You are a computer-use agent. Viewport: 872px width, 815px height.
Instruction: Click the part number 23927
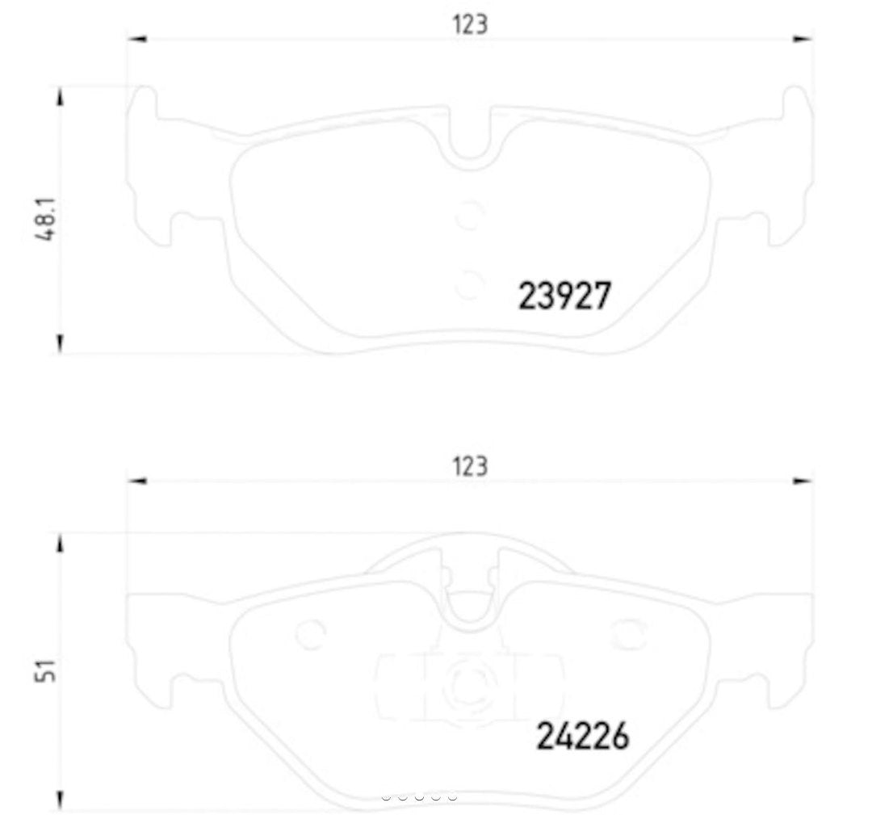(564, 296)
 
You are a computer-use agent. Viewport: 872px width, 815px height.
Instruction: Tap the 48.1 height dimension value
(51, 219)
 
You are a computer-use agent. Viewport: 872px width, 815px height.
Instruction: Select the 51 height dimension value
(50, 670)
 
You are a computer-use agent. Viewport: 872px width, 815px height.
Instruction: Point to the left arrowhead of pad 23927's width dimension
(137, 39)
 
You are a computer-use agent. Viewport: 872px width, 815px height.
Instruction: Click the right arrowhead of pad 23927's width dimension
(803, 39)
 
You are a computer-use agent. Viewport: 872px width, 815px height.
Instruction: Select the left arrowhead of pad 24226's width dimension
(137, 481)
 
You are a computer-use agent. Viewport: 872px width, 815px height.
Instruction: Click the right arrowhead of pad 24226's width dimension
(803, 481)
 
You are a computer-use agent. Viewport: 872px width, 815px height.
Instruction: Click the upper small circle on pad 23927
(468, 216)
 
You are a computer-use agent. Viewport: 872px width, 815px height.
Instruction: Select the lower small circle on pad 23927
(468, 284)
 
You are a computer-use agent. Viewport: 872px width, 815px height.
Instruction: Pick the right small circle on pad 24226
(628, 634)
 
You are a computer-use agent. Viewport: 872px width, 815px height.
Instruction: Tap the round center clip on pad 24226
(468, 684)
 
